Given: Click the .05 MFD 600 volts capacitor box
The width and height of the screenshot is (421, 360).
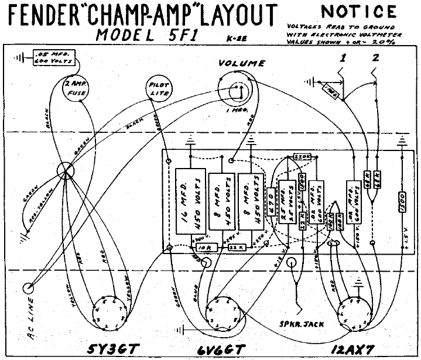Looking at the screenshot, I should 50,57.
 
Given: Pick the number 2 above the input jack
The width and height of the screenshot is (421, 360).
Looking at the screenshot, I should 375,58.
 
